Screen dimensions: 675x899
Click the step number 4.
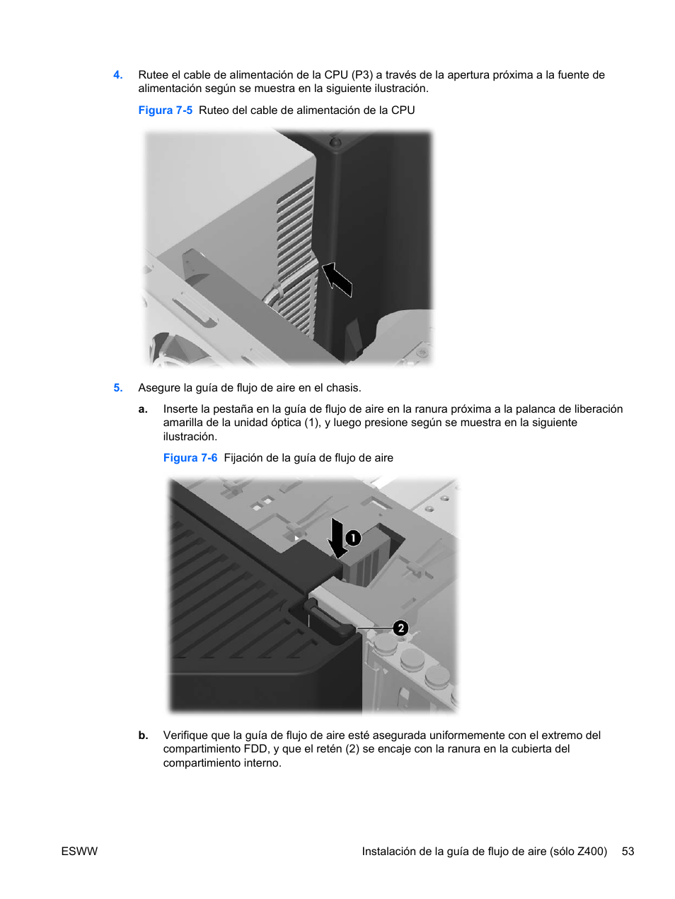(x=118, y=75)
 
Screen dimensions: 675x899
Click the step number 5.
(x=118, y=387)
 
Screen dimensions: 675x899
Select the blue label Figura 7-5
(x=166, y=110)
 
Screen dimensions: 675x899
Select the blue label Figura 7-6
(x=190, y=458)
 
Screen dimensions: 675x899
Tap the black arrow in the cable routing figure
(x=337, y=279)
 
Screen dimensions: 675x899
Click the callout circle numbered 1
(x=353, y=538)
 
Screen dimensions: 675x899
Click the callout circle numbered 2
(x=400, y=629)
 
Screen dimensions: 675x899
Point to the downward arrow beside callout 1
(x=337, y=538)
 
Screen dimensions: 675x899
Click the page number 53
(x=628, y=852)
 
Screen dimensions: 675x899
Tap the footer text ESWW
(x=79, y=852)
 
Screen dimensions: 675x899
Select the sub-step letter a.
(x=143, y=409)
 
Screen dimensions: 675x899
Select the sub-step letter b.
(x=143, y=735)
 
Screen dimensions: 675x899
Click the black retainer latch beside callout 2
(x=330, y=618)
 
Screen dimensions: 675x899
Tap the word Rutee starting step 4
(x=154, y=75)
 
